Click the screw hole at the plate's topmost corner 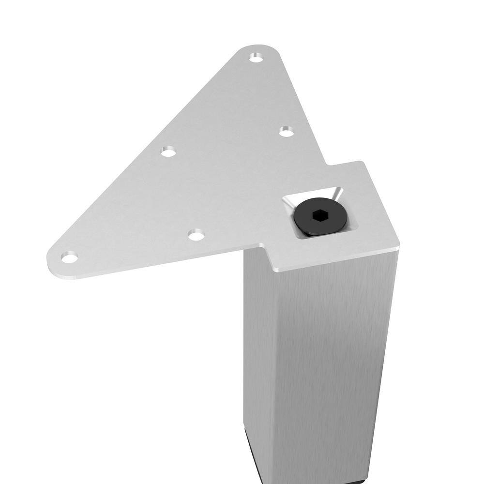point(256,58)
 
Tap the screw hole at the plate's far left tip point(69,257)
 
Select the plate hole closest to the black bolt point(287,131)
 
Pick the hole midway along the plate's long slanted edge point(168,151)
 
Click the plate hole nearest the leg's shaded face point(196,236)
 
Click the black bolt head point(320,217)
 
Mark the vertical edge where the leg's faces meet point(274,368)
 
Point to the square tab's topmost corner point(361,163)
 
